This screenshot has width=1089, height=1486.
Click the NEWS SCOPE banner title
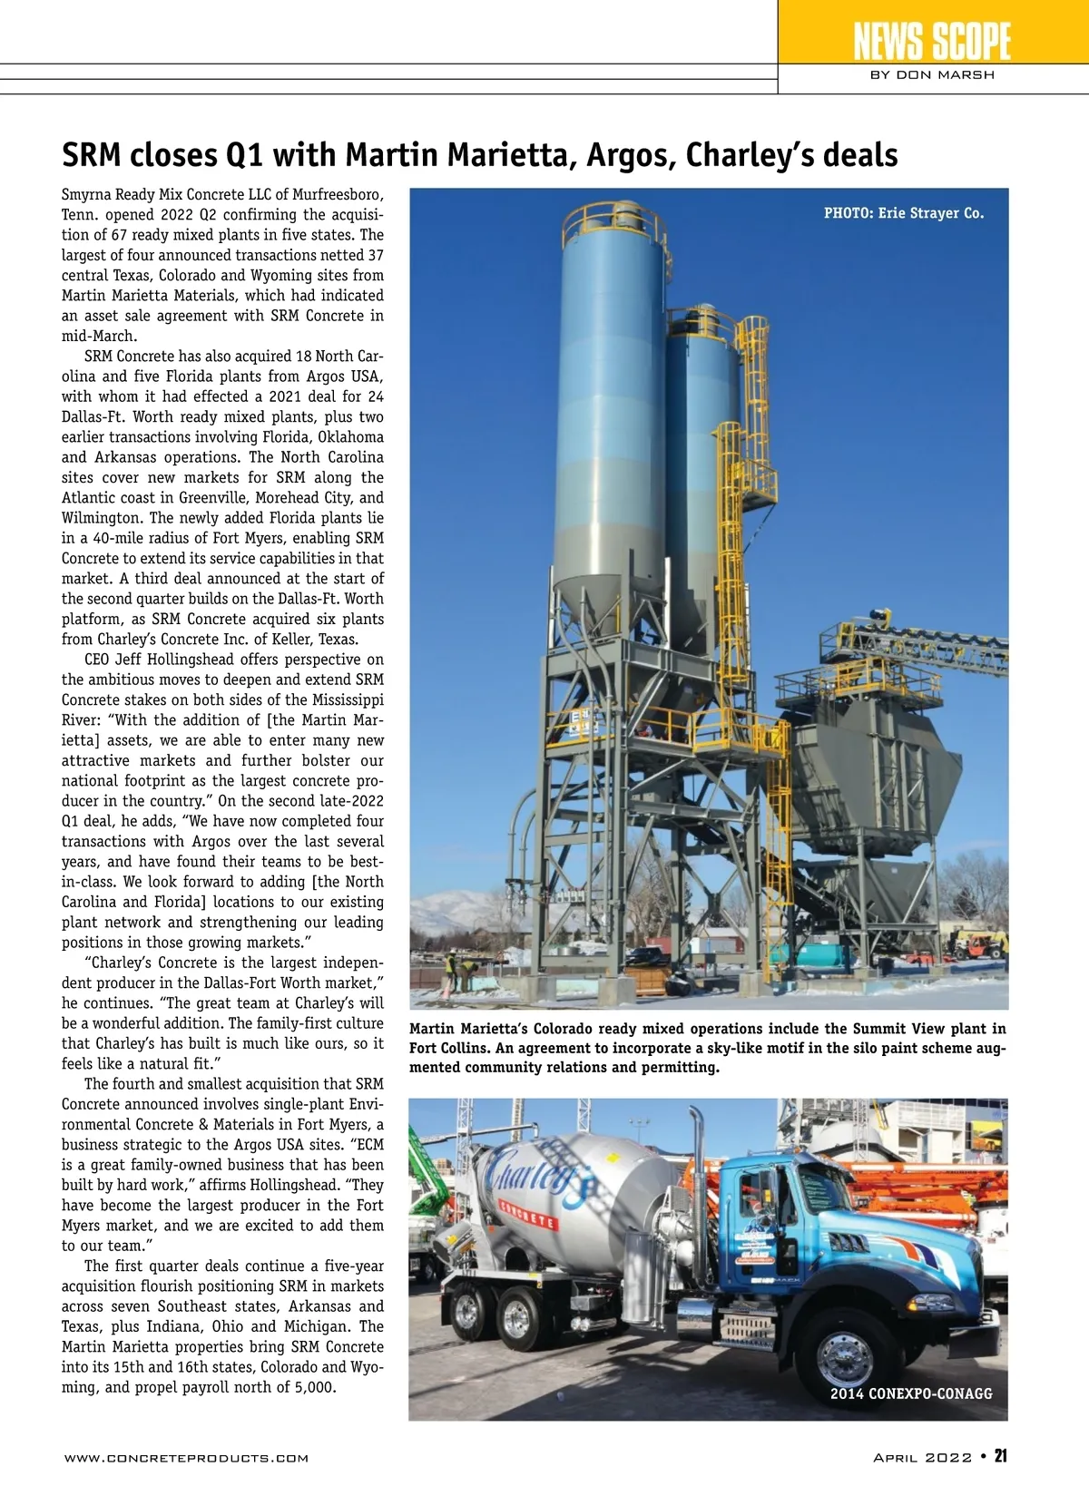(932, 41)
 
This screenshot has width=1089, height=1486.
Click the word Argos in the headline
(628, 155)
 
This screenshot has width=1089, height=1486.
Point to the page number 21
(1000, 1456)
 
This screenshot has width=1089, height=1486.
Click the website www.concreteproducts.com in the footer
(186, 1458)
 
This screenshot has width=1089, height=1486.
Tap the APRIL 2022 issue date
(922, 1457)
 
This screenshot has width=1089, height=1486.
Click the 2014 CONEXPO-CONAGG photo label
(911, 1393)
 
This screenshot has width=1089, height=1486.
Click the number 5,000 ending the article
(314, 1387)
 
